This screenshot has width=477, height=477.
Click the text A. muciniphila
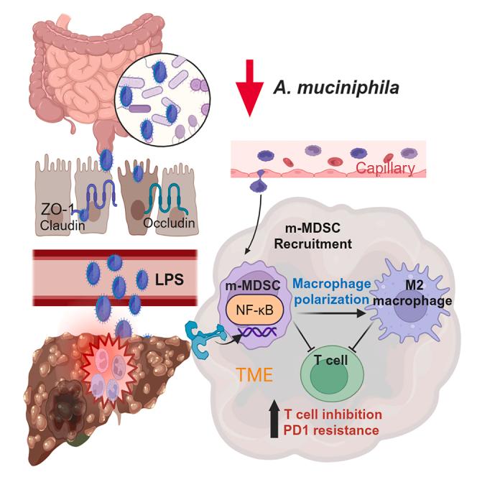pyautogui.click(x=335, y=87)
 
